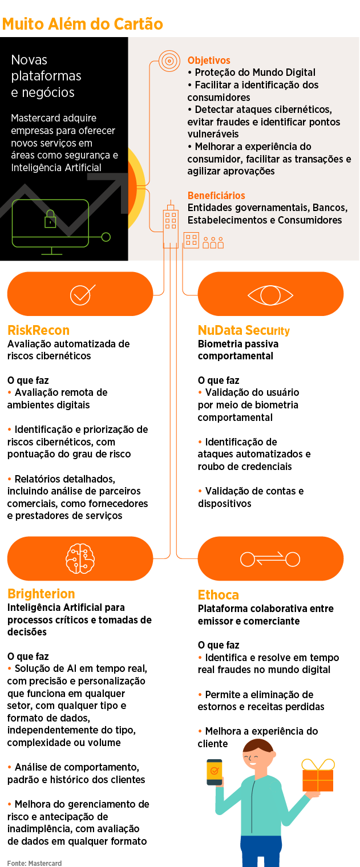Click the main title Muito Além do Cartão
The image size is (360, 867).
pos(83,24)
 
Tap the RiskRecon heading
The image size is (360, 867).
pos(38,330)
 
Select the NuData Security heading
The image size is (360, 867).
pos(244,330)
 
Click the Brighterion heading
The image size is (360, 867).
pos(41,594)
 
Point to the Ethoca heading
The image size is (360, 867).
pos(218,595)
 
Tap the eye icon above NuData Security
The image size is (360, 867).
pos(270,295)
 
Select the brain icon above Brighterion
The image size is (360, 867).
pos(79,558)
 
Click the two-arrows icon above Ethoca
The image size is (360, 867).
pos(270,559)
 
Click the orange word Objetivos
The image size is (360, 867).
pos(209,60)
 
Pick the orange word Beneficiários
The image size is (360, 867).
pos(216,196)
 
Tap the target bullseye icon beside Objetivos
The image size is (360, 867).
pos(169,60)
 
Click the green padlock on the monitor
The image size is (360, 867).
pos(50,219)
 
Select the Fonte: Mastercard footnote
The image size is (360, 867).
pos(34,863)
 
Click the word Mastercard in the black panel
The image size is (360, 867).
pos(37,118)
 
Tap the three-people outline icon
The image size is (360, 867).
pos(213,243)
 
